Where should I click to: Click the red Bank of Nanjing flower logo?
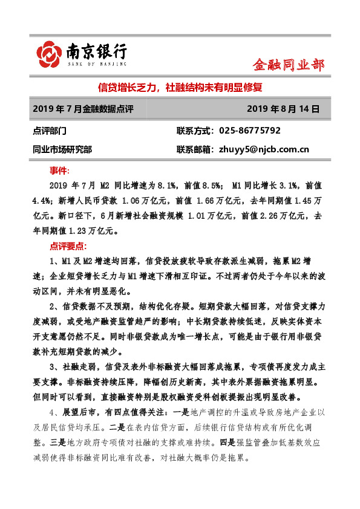click(50, 54)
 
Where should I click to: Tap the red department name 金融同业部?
click(288, 65)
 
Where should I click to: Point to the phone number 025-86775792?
click(250, 131)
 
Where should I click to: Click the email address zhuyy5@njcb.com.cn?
click(262, 149)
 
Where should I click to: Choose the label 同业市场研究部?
click(64, 149)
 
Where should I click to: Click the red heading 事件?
click(59, 170)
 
